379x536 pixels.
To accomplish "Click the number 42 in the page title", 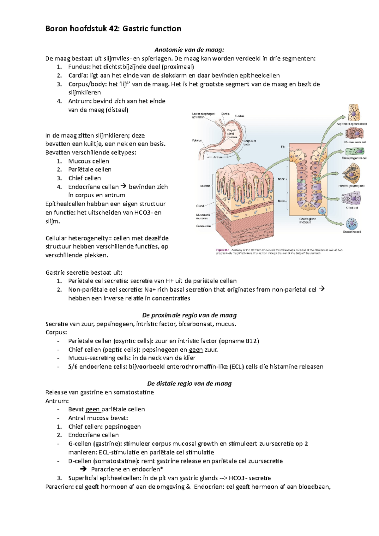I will point(113,29).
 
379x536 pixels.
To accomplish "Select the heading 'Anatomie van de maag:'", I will point(189,50).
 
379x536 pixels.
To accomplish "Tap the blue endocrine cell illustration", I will point(352,224).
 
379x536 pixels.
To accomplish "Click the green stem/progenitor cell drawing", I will point(355,151).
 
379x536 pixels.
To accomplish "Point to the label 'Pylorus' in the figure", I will point(197,140).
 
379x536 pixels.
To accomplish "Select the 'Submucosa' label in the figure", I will point(203,226).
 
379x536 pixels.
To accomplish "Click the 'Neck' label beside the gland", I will point(281,179).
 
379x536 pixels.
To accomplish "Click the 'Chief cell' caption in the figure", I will point(352,208).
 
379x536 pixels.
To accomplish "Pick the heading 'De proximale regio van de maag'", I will point(189,315).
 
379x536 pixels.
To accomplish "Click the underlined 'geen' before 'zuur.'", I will point(196,350).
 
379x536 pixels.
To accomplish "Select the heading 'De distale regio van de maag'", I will point(189,384).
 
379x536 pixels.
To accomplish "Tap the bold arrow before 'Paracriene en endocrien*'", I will point(84,469).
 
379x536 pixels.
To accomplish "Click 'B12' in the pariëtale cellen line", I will point(252,341).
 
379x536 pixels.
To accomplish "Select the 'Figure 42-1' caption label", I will point(222,250).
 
